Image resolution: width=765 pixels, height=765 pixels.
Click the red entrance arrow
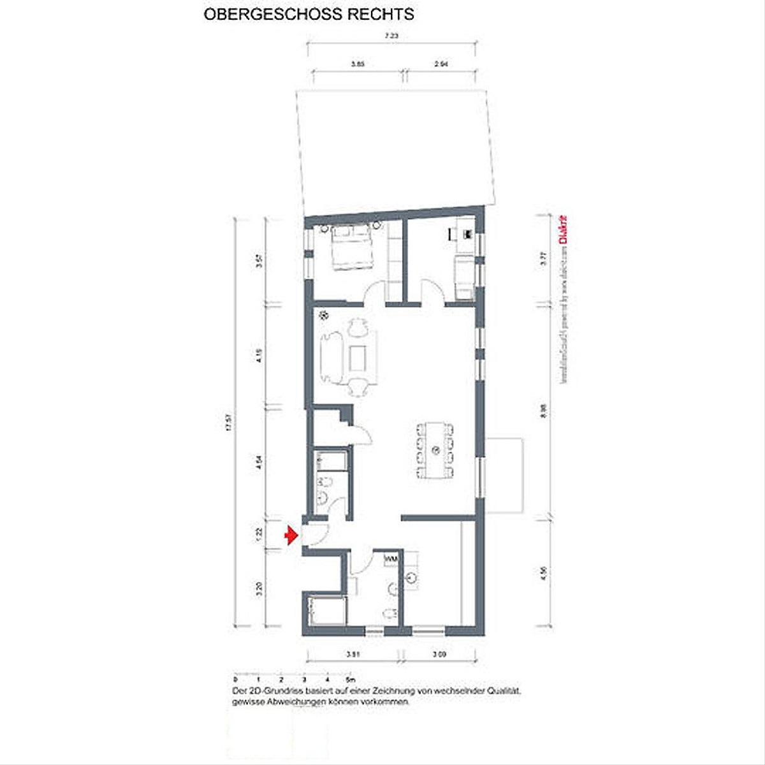[291, 535]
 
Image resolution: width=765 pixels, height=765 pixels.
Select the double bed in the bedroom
[351, 247]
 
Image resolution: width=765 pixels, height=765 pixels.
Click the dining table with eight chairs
[435, 450]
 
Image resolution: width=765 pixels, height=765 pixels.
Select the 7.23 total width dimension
[391, 36]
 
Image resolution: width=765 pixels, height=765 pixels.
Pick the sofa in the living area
[332, 357]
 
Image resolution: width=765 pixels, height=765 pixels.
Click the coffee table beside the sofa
[358, 358]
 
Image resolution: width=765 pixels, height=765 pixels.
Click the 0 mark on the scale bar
[235, 679]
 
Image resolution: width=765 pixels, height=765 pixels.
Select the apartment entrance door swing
[316, 534]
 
